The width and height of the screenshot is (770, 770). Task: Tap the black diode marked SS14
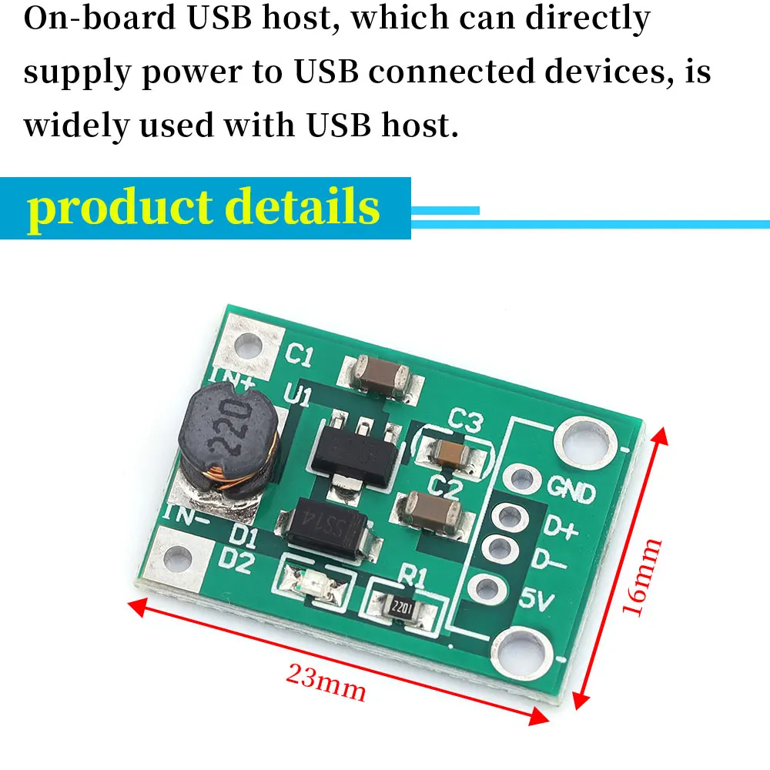pyautogui.click(x=328, y=528)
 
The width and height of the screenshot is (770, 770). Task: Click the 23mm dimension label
pyautogui.click(x=326, y=681)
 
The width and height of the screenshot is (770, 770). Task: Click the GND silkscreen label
pyautogui.click(x=571, y=490)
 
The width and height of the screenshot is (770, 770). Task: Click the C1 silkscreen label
pyautogui.click(x=299, y=357)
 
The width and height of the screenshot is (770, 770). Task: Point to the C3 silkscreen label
pyautogui.click(x=465, y=422)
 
